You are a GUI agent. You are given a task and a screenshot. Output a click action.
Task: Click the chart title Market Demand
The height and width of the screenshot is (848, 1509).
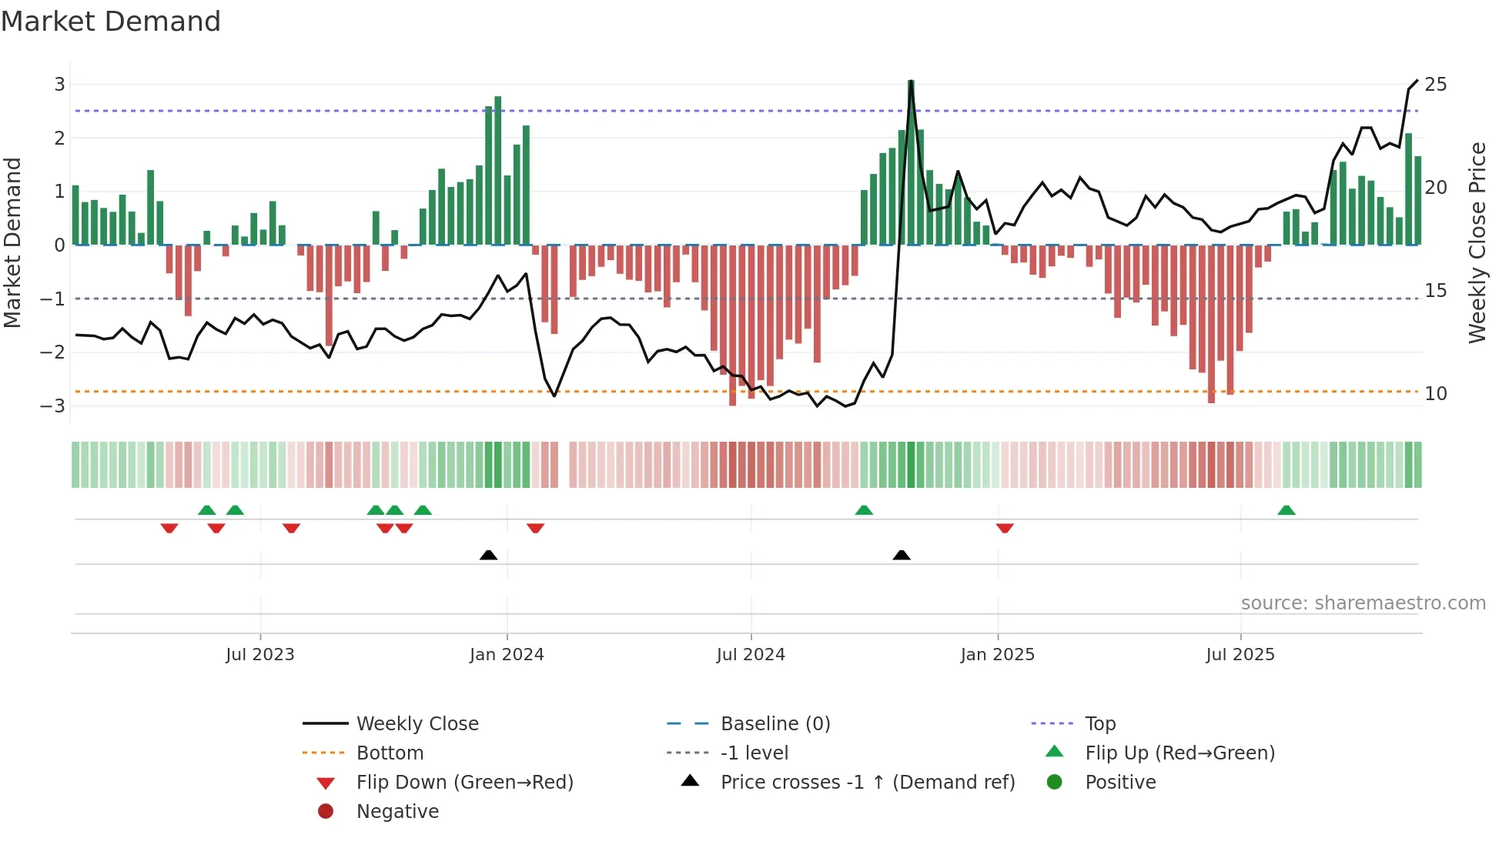tap(111, 22)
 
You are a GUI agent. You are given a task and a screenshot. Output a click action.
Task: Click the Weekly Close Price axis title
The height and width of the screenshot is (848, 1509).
tap(1477, 242)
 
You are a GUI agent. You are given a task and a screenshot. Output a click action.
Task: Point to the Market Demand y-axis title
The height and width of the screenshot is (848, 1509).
tap(12, 242)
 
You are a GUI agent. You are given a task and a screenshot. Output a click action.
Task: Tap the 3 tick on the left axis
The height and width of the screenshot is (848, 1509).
tap(59, 85)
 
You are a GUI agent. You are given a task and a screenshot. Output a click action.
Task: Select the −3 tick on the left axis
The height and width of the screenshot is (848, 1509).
tap(54, 406)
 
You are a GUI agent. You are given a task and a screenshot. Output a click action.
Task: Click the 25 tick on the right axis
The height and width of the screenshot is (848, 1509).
tap(1435, 85)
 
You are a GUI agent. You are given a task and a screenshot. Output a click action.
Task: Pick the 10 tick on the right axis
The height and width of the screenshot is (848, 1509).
tap(1435, 394)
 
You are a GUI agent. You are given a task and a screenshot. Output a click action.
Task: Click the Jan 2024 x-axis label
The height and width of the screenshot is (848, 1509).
tap(507, 655)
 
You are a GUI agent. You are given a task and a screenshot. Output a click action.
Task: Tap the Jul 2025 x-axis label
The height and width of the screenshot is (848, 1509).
tap(1240, 655)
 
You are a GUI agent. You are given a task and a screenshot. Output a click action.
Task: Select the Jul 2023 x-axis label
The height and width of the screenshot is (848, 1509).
tap(260, 655)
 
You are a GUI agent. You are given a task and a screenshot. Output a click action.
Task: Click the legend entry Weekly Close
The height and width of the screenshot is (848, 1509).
tap(417, 724)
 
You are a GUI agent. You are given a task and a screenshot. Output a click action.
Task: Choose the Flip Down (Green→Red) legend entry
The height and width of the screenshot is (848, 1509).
tap(464, 783)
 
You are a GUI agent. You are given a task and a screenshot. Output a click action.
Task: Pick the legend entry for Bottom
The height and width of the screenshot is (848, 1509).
tap(390, 753)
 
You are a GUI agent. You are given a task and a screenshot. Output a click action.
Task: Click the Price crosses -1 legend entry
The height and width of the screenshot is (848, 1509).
tap(867, 783)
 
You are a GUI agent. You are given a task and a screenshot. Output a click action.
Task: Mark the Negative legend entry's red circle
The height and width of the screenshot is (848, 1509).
tap(326, 812)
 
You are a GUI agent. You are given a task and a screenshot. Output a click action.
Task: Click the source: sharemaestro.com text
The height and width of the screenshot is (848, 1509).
tap(1363, 603)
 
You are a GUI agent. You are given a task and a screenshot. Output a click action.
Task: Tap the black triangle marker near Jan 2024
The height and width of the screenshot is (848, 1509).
tap(488, 555)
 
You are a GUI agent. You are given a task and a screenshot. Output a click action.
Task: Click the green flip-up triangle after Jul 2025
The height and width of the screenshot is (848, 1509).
tap(1286, 510)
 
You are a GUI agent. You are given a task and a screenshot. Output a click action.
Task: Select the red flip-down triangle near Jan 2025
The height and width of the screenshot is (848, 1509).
tap(1004, 528)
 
